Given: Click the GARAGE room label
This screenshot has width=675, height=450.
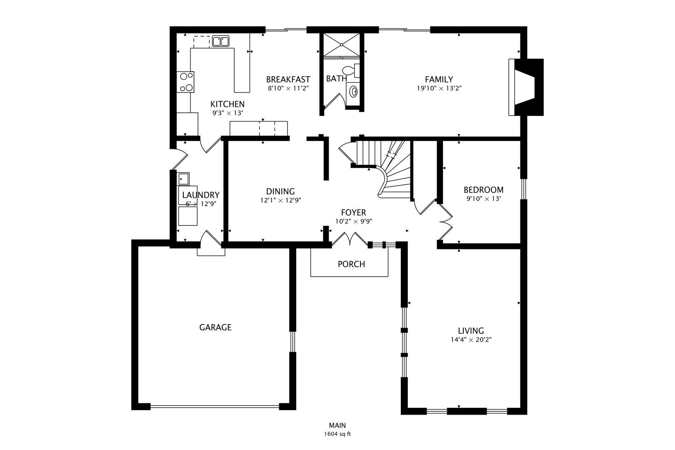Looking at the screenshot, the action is [x=215, y=327].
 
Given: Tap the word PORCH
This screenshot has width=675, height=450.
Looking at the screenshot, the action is [x=351, y=264].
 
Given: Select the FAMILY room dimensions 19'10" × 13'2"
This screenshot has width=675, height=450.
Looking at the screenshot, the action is [x=439, y=88].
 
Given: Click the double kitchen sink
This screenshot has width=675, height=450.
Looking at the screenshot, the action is [x=220, y=41].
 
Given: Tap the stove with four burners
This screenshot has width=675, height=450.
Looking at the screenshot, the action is [x=185, y=82].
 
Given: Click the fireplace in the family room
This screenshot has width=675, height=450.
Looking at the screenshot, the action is [x=526, y=87].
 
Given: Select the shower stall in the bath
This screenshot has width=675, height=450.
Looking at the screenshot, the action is [x=342, y=45].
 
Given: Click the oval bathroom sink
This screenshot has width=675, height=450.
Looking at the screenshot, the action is [x=353, y=91].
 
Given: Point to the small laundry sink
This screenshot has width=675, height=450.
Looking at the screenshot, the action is [x=183, y=179].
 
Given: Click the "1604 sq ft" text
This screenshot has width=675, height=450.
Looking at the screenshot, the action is [x=337, y=434].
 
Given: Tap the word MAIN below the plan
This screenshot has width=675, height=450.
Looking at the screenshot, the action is [x=337, y=425].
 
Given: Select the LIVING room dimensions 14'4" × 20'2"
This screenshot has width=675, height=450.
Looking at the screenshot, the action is [x=471, y=340].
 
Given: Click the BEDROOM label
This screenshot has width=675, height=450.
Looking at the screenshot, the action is [x=483, y=190].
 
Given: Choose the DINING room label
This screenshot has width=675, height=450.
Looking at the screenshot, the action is [x=280, y=191].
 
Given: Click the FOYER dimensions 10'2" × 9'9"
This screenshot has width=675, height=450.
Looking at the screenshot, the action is [x=354, y=222].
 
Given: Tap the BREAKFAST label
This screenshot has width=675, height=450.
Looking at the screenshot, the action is [x=288, y=80].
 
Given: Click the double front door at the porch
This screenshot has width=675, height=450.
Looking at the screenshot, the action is [x=350, y=239].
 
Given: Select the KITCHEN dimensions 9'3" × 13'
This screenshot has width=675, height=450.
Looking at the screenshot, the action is [x=227, y=113].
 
